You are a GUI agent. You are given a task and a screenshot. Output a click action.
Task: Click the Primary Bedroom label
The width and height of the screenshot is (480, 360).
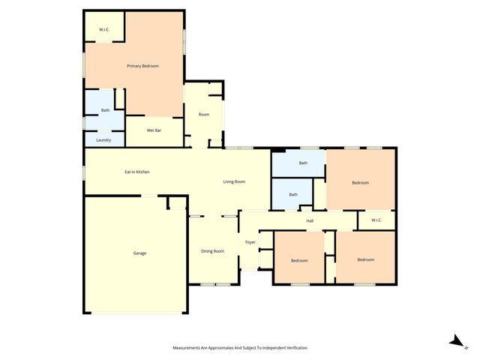pyautogui.click(x=142, y=66)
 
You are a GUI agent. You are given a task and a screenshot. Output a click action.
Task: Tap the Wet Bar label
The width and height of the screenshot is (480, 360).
pyautogui.click(x=154, y=130)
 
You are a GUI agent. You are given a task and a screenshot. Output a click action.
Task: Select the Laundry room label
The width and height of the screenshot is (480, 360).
pyautogui.click(x=103, y=139)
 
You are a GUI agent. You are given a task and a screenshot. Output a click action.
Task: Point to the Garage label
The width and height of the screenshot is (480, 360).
pyautogui.click(x=139, y=253)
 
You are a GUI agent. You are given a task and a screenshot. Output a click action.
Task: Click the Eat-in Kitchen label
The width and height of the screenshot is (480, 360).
pyautogui.click(x=137, y=172)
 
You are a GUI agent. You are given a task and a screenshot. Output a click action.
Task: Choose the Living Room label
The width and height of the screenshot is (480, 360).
pyautogui.click(x=234, y=181)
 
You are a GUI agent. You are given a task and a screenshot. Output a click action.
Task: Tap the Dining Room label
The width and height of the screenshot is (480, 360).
pyautogui.click(x=212, y=250)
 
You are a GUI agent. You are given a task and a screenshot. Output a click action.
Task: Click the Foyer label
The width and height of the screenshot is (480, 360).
pyautogui.click(x=250, y=242)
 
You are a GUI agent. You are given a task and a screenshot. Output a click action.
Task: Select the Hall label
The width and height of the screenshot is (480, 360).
pyautogui.click(x=309, y=220)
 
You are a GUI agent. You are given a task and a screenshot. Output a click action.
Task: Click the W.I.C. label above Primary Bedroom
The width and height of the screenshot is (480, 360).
pyautogui.click(x=103, y=30)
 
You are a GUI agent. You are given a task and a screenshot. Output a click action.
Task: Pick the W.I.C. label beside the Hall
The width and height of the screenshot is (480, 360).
pyautogui.click(x=376, y=220)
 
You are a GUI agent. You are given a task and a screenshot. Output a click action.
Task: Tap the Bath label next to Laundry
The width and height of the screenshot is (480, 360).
pyautogui.click(x=105, y=111)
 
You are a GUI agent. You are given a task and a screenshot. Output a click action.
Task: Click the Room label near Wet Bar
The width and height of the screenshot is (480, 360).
pyautogui.click(x=203, y=114)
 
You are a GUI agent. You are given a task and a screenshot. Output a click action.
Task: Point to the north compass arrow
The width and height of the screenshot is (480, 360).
pyautogui.click(x=454, y=341)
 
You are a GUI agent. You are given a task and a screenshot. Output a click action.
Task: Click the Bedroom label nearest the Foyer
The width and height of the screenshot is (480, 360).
pyautogui.click(x=299, y=259)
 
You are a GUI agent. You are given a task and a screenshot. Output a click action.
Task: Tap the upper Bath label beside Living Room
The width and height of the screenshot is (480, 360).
pyautogui.click(x=303, y=163)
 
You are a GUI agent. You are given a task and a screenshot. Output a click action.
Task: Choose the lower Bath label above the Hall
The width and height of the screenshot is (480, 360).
pyautogui.click(x=293, y=195)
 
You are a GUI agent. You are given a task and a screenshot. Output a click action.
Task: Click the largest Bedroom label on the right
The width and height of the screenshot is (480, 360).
pyautogui.click(x=360, y=182)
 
